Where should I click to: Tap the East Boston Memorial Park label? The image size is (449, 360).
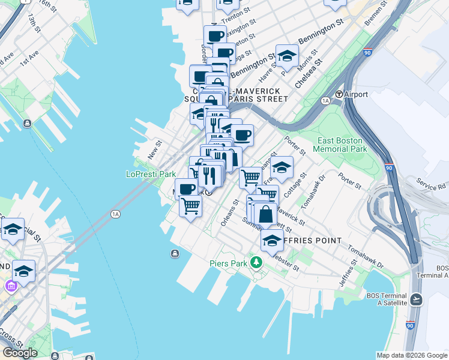pos(341,145)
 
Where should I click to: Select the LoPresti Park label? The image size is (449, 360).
pos(151,174)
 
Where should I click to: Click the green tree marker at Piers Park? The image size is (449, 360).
pos(257,262)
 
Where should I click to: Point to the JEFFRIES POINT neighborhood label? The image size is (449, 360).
pos(312,241)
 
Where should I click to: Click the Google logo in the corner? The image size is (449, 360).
pos(20,353)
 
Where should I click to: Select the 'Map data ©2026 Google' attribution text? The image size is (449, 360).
pos(411,355)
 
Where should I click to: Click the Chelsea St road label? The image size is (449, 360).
pos(309,70)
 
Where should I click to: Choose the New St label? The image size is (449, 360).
pos(155,147)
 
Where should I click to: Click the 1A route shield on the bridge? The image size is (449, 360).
pos(116,214)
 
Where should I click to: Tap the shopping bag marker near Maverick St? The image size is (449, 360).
pos(265,214)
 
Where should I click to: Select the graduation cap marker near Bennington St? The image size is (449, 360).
pos(288,56)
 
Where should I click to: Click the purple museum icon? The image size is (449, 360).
pos(10,286)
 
